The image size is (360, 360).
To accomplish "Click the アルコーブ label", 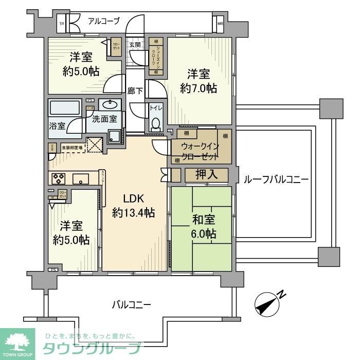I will click(103, 21).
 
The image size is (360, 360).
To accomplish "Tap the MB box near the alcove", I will click(220, 23).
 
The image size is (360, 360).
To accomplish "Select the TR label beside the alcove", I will click(62, 24).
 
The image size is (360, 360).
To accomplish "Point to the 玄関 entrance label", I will click(135, 45).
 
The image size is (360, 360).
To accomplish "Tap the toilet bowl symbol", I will click(155, 123).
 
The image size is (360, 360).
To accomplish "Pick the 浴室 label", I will click(57, 125).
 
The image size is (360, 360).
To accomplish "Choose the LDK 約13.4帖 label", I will click(134, 206).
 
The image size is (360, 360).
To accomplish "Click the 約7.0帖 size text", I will click(199, 88).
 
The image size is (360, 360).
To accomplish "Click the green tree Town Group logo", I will click(17, 342).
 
